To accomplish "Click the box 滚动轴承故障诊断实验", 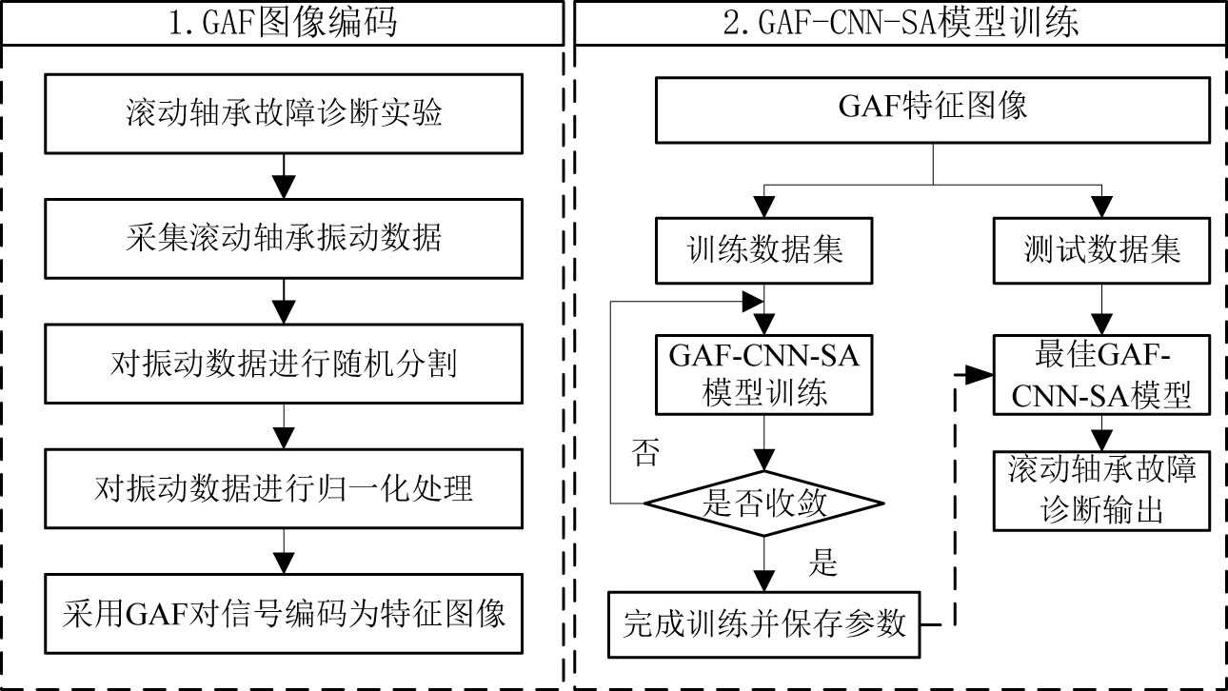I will pyautogui.click(x=284, y=113).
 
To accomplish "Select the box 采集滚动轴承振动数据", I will pyautogui.click(x=284, y=238).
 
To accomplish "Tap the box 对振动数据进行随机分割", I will pyautogui.click(x=284, y=364).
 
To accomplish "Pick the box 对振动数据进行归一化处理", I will pyautogui.click(x=284, y=488).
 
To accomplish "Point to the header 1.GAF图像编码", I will pyautogui.click(x=283, y=22).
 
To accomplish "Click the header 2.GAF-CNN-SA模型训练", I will pyautogui.click(x=901, y=22).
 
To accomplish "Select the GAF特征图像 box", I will pyautogui.click(x=933, y=108).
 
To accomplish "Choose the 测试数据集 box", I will pyautogui.click(x=1102, y=250).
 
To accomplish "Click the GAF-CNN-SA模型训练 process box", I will pyautogui.click(x=764, y=374).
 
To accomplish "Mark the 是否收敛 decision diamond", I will pyautogui.click(x=764, y=504).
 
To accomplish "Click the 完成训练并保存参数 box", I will pyautogui.click(x=764, y=624).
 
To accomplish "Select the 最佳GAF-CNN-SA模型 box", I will pyautogui.click(x=1103, y=374).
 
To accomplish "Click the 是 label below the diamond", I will pyautogui.click(x=822, y=563).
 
